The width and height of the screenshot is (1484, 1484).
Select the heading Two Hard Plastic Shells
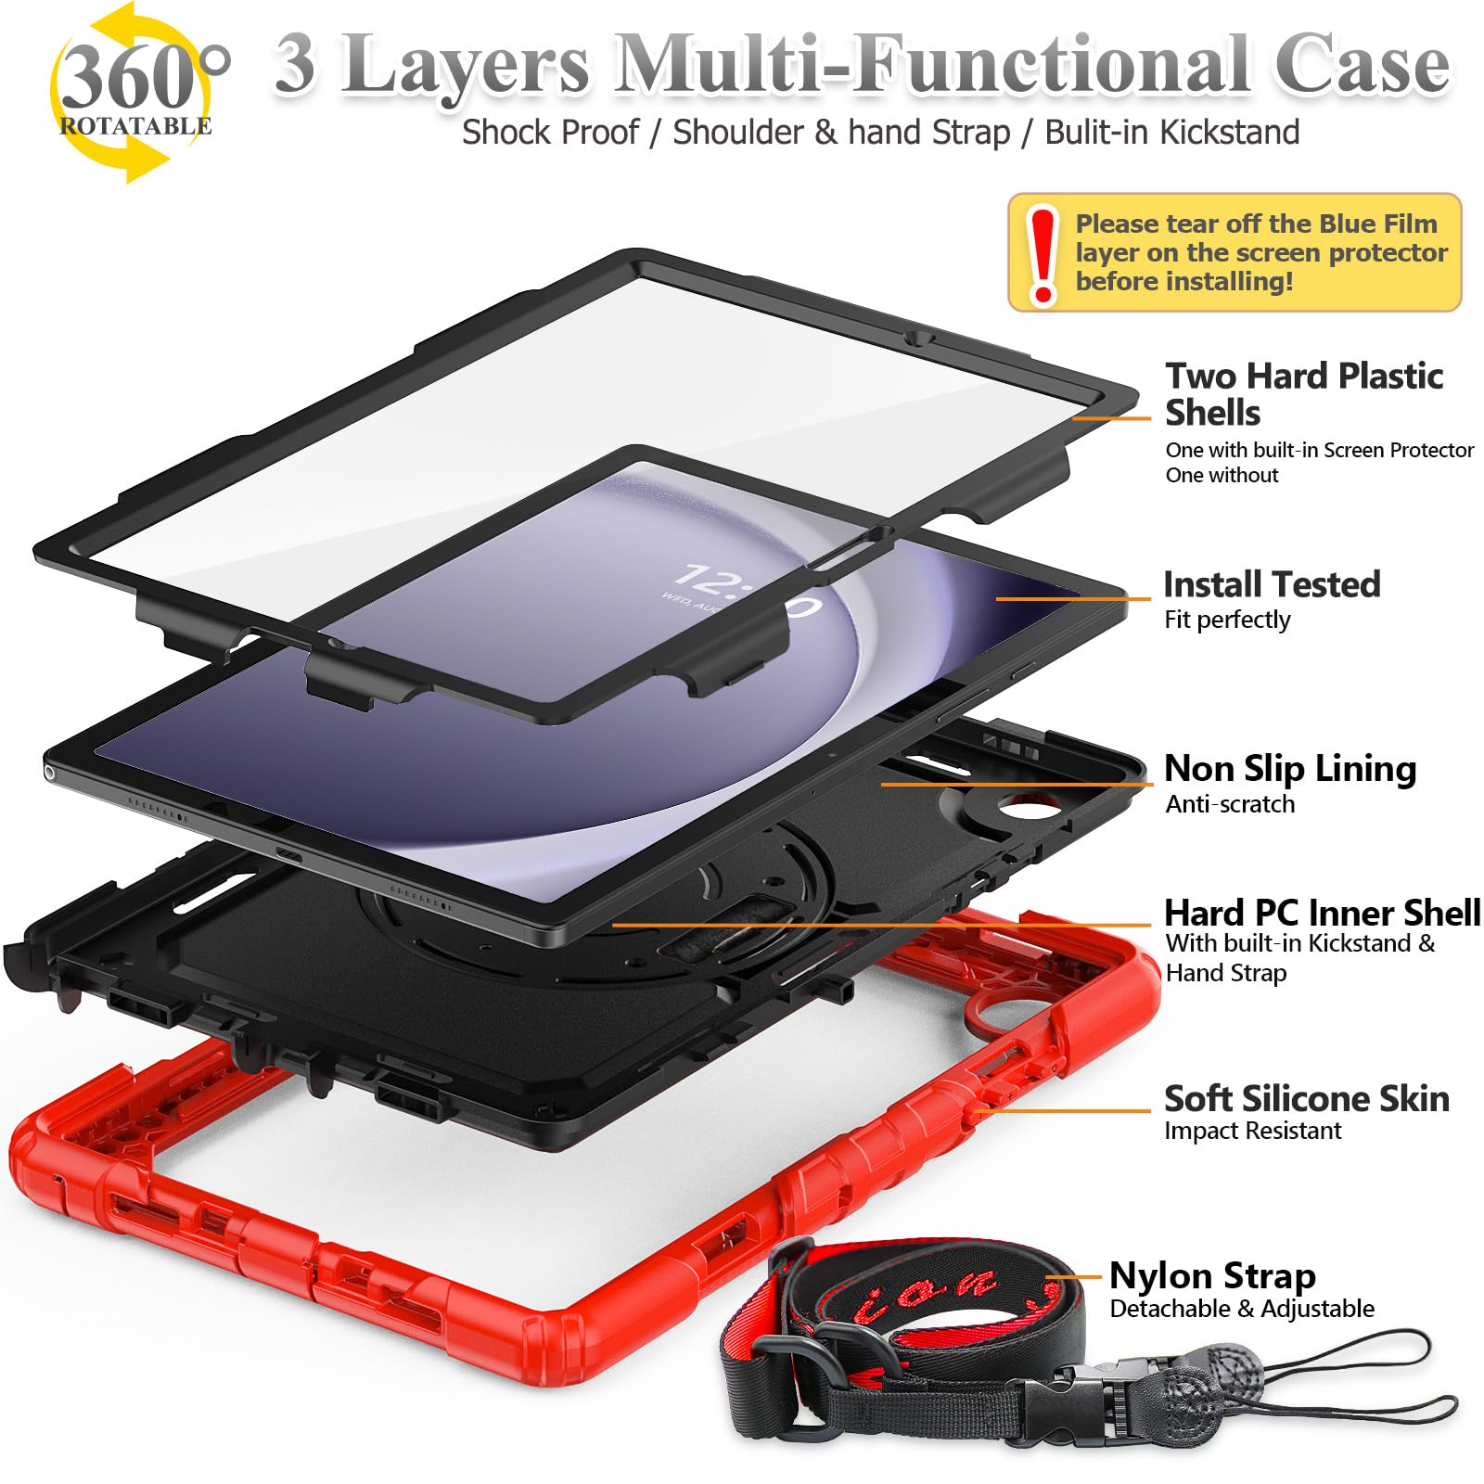click(x=1303, y=394)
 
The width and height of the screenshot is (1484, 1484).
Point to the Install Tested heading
click(x=1272, y=584)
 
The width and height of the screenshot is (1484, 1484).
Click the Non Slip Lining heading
click(x=1289, y=769)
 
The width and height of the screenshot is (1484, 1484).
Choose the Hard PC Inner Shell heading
click(x=1322, y=913)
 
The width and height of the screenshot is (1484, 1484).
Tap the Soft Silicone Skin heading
click(x=1306, y=1099)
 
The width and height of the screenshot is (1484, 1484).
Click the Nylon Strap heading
click(x=1212, y=1276)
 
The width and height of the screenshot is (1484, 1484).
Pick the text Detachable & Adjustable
click(x=1241, y=1309)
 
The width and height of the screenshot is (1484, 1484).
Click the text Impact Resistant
click(x=1252, y=1131)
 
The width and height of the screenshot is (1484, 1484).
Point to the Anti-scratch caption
click(x=1230, y=804)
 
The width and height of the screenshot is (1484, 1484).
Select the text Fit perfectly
click(x=1227, y=620)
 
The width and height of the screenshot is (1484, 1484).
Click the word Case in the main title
click(x=1362, y=65)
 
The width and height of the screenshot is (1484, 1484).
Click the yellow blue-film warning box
click(x=1234, y=252)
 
